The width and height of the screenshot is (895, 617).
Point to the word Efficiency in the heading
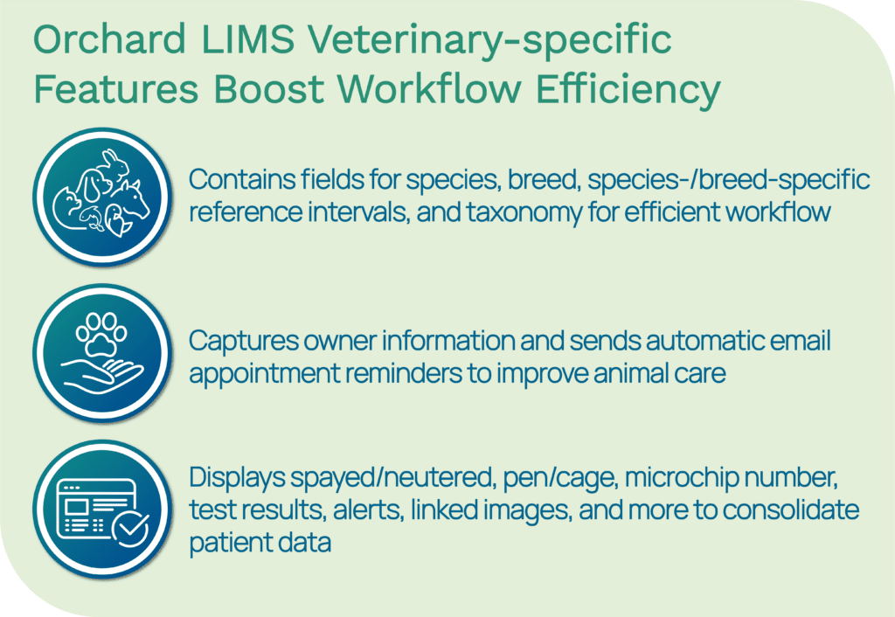pyautogui.click(x=628, y=91)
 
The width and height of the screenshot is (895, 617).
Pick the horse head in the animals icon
pyautogui.click(x=133, y=199)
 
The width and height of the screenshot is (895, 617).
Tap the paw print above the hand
pyautogui.click(x=101, y=334)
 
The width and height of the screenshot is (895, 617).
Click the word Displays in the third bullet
pyautogui.click(x=237, y=478)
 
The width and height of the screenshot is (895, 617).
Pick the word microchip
pyautogui.click(x=677, y=478)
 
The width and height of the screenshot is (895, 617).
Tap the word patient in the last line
pyautogui.click(x=225, y=542)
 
